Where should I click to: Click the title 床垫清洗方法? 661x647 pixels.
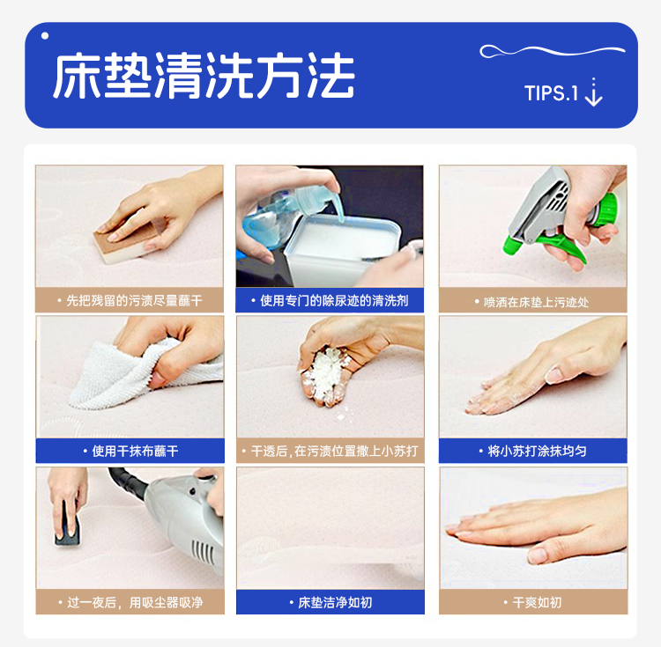point(204,76)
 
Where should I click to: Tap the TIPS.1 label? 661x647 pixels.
point(551,93)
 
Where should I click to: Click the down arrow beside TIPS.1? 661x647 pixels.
point(593,92)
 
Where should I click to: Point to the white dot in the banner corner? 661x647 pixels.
point(45,36)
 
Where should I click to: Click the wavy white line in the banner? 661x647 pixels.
point(553,51)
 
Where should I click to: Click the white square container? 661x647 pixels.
point(341,248)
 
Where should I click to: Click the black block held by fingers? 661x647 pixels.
point(68,525)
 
